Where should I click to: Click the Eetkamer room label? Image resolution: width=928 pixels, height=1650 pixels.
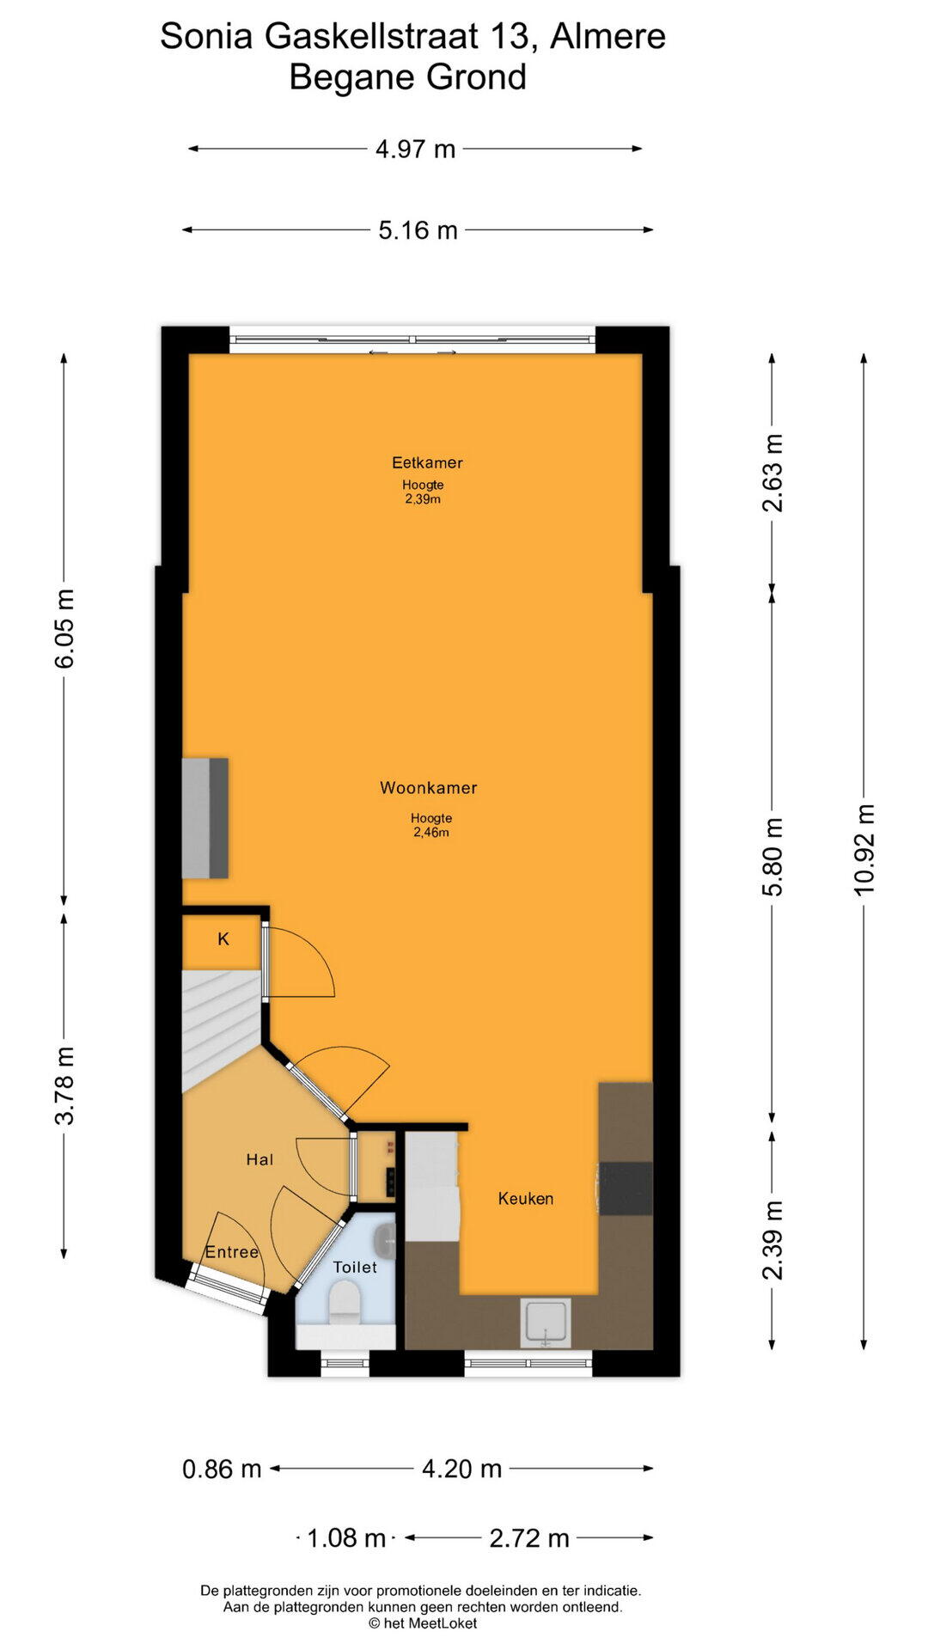(x=427, y=462)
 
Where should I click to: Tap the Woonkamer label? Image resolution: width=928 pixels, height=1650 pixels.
(x=429, y=787)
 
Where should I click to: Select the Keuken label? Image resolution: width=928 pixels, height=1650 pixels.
(x=526, y=1198)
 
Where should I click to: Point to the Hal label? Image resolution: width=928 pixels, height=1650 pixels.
(x=259, y=1159)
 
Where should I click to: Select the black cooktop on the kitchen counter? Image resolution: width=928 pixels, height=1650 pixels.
(x=626, y=1189)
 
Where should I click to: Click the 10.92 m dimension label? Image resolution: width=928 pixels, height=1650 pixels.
(x=864, y=850)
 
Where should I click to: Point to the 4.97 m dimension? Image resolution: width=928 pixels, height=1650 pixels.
(x=415, y=149)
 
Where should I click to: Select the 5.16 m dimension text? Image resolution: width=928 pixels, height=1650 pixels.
(x=418, y=230)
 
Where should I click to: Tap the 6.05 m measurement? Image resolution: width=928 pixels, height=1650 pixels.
(x=64, y=628)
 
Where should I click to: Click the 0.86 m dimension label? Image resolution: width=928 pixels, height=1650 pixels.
(x=222, y=1469)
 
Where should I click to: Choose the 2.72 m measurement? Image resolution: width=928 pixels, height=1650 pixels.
(x=529, y=1537)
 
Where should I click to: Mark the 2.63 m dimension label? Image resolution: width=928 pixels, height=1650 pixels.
(x=773, y=473)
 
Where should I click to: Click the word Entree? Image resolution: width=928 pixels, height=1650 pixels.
(x=232, y=1252)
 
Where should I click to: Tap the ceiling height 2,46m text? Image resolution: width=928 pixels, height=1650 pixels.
(x=431, y=832)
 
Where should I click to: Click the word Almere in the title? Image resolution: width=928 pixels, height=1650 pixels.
(x=607, y=36)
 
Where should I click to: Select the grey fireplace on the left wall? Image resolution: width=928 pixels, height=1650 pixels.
(x=205, y=818)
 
